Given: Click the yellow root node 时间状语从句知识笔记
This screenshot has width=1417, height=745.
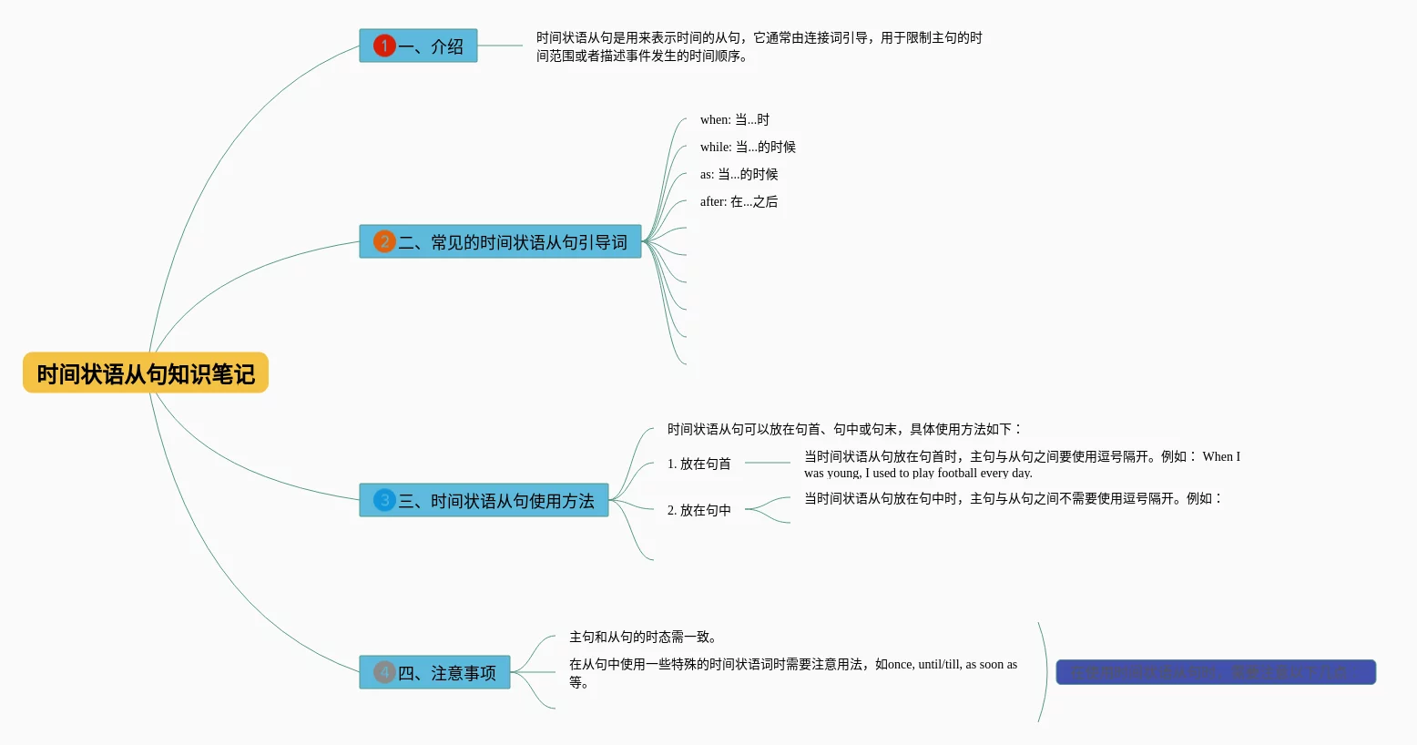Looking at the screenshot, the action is click(146, 373).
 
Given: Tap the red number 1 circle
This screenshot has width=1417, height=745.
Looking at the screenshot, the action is click(384, 46).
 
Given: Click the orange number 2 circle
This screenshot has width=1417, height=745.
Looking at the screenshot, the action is click(384, 241).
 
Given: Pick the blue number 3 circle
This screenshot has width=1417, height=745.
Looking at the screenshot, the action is click(384, 500).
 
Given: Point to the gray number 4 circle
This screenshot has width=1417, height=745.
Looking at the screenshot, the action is click(384, 672).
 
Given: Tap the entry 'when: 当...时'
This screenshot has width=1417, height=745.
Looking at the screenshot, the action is click(734, 119).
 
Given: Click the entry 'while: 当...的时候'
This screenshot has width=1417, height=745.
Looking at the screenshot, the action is click(748, 147).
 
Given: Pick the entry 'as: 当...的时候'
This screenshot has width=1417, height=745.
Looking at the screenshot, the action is click(739, 174).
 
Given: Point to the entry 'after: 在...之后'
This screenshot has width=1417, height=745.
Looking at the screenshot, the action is click(739, 201).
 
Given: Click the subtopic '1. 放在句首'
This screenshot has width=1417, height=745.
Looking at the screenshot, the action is click(698, 464).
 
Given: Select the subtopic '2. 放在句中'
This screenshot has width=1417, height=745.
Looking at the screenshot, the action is click(698, 510).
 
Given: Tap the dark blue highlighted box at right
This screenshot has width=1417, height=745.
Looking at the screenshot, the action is click(1215, 672).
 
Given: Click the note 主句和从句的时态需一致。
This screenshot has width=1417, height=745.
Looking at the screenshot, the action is click(643, 637).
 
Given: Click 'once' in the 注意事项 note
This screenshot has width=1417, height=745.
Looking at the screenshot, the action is click(900, 664).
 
